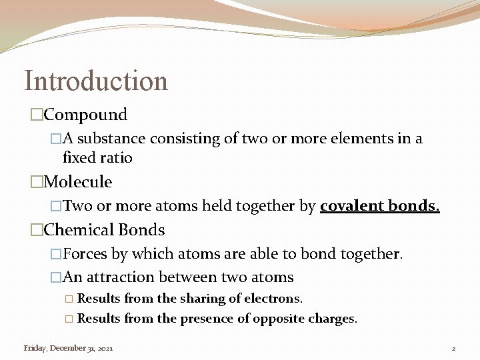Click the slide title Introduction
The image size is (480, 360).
click(x=96, y=81)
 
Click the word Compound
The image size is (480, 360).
click(x=85, y=115)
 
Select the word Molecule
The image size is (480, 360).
click(x=78, y=182)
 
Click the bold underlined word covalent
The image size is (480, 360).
click(x=351, y=206)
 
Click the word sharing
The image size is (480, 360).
click(x=203, y=299)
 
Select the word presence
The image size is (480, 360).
click(x=205, y=319)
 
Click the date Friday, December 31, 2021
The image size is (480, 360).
click(x=68, y=348)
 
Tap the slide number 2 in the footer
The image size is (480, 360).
click(x=453, y=348)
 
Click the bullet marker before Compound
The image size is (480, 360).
click(x=37, y=115)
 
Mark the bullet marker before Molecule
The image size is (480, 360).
click(x=37, y=183)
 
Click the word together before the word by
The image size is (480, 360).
click(x=267, y=206)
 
